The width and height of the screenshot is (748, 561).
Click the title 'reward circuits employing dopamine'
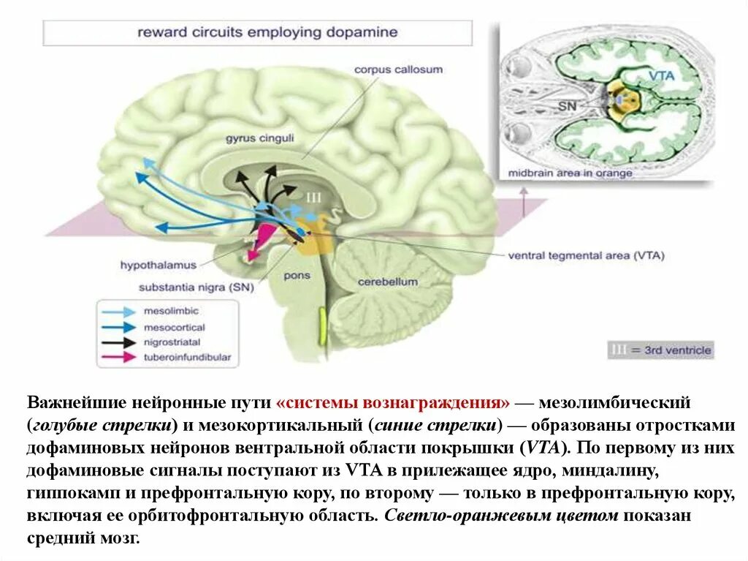(267, 33)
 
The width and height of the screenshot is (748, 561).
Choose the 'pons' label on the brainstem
(297, 276)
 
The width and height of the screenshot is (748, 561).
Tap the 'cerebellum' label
(387, 282)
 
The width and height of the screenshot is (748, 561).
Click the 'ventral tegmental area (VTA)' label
(586, 256)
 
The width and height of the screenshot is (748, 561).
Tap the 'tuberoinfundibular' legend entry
(187, 357)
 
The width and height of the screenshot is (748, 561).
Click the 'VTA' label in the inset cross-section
(661, 75)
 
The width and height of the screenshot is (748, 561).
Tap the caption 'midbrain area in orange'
(570, 173)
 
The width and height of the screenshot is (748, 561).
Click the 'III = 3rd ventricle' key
(660, 350)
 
